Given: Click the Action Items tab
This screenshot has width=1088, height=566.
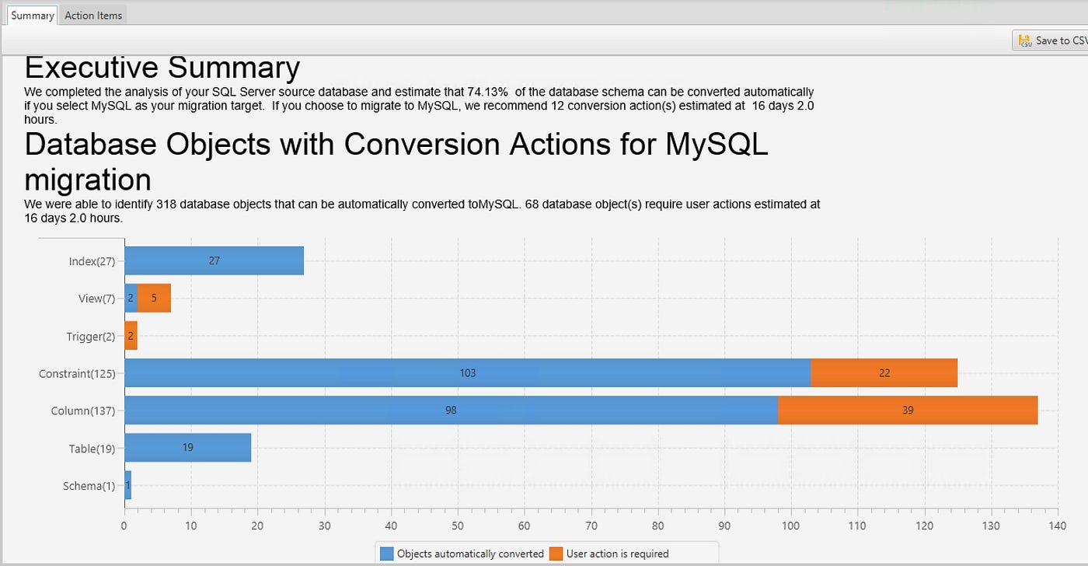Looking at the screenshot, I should (93, 16).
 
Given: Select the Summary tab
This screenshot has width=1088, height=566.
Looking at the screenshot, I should (33, 16).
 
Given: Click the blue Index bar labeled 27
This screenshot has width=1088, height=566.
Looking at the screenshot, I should (214, 261).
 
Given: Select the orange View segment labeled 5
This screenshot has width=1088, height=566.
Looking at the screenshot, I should (154, 299).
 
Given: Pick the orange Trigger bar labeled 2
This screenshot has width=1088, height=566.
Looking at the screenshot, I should (131, 336).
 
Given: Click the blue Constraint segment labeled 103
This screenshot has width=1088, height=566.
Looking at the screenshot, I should (467, 373).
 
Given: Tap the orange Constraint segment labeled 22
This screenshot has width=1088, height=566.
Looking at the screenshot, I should (884, 373).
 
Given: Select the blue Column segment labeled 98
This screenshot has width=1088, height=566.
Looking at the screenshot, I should (451, 411).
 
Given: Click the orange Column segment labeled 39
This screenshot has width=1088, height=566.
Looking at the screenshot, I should (908, 411).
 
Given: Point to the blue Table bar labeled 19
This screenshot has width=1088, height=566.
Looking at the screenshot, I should (187, 448).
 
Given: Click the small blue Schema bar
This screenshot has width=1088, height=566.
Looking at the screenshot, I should (128, 485).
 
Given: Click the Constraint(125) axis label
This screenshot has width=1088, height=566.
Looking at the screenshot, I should (77, 374).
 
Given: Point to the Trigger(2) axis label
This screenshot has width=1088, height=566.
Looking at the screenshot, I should (90, 337).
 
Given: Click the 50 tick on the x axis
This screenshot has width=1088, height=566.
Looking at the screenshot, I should (458, 526).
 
